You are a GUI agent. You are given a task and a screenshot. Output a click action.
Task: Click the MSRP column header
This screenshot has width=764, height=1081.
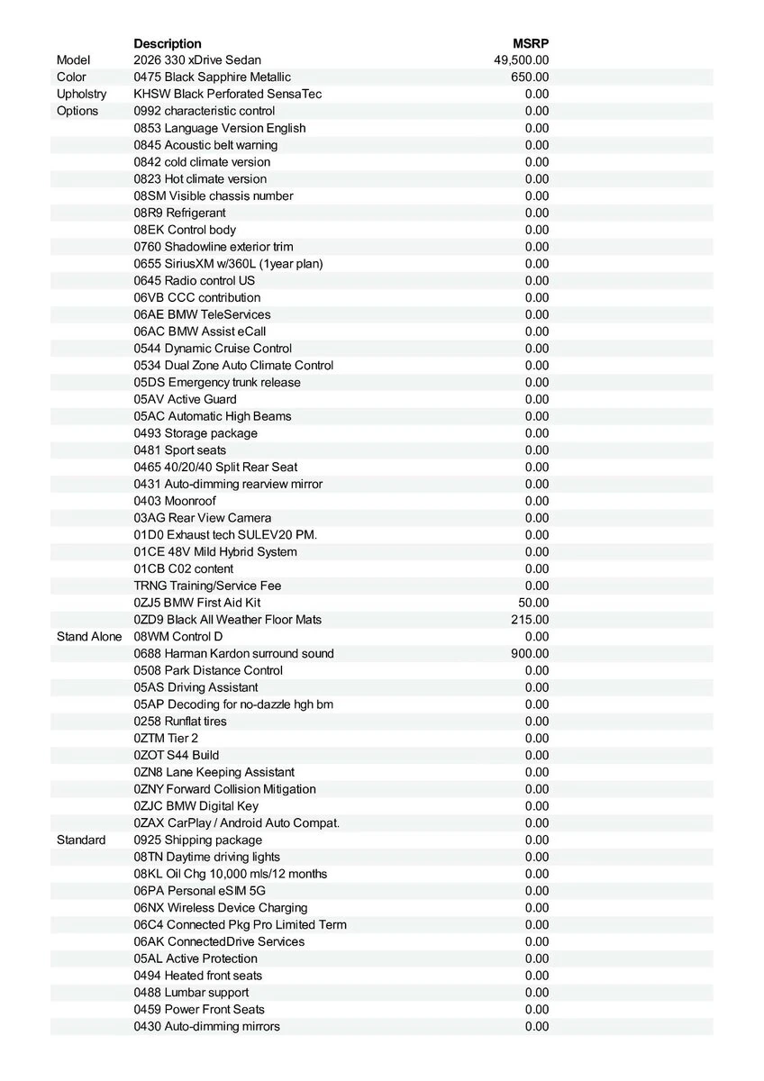coord(531,43)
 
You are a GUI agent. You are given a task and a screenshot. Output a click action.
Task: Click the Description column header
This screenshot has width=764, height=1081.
coord(168,43)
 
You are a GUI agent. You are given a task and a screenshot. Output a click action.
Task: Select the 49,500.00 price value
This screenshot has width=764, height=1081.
coord(522,60)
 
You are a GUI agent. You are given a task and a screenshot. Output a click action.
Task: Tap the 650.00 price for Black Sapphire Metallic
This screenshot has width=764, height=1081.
coord(530,77)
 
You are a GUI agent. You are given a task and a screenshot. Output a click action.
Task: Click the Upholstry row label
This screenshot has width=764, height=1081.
coord(81,94)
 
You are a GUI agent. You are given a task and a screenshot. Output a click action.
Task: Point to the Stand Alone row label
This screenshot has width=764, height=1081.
coord(88,637)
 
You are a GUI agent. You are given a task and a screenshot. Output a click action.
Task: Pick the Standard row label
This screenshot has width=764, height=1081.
coord(81,840)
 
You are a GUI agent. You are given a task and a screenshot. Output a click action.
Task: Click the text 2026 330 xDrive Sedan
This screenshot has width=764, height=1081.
coord(197,60)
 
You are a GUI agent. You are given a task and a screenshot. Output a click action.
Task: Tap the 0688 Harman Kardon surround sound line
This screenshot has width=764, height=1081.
coord(233,654)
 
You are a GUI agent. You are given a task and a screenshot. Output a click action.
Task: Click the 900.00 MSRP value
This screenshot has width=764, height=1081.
coord(530,654)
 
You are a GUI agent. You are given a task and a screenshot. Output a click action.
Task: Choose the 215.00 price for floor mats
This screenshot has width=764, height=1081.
coord(530,620)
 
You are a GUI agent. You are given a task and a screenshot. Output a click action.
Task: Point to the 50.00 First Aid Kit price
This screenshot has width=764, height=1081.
coord(533,603)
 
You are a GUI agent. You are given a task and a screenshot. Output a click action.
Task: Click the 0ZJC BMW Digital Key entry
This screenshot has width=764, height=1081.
coord(196,806)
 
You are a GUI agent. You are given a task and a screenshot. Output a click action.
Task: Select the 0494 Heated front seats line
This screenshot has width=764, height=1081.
coord(198,976)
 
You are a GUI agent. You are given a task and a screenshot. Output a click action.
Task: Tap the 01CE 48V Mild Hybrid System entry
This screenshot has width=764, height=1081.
coord(215,552)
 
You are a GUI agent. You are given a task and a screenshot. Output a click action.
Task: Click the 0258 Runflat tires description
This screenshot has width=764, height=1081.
coord(180,722)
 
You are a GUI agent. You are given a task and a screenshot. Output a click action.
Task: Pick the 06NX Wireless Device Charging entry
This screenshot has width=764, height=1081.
coord(221,908)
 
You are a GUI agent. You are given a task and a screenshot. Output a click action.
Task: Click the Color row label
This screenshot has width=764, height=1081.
coord(72,77)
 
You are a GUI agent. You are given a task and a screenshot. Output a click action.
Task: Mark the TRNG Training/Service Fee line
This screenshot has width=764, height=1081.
coord(207,586)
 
